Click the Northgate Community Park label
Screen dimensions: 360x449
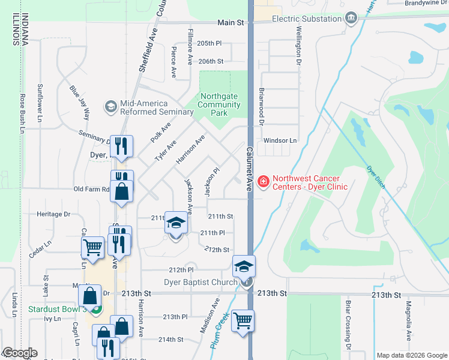point(220,104)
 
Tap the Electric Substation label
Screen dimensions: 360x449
point(306,19)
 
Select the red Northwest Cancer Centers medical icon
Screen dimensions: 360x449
point(263,182)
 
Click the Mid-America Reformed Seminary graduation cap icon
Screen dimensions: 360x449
point(110,107)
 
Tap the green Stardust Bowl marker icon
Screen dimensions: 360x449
point(97,309)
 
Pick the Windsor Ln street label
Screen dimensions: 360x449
point(280,140)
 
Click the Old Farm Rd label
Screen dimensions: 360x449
point(91,189)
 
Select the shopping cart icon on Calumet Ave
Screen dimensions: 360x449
point(243,321)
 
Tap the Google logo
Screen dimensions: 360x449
point(20,353)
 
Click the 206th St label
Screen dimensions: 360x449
point(211,61)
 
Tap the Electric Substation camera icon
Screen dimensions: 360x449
point(351,19)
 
